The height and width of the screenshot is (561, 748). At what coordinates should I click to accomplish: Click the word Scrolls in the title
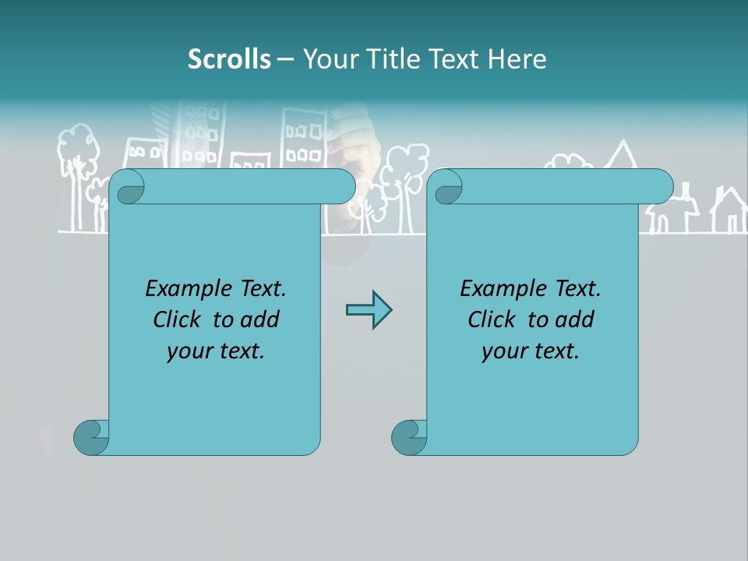[x=230, y=59]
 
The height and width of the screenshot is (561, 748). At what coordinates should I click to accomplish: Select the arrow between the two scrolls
[x=369, y=310]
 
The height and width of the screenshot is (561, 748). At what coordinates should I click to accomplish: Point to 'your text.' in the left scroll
[x=216, y=351]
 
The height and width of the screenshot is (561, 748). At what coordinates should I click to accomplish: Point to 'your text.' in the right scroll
[x=531, y=351]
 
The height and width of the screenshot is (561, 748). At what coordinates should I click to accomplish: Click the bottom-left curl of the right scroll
[x=408, y=437]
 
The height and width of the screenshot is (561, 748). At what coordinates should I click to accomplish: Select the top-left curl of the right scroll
[x=446, y=187]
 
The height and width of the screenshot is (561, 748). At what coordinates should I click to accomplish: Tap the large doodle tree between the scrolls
[x=407, y=175]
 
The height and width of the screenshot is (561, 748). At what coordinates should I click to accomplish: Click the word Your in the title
[x=328, y=59]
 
